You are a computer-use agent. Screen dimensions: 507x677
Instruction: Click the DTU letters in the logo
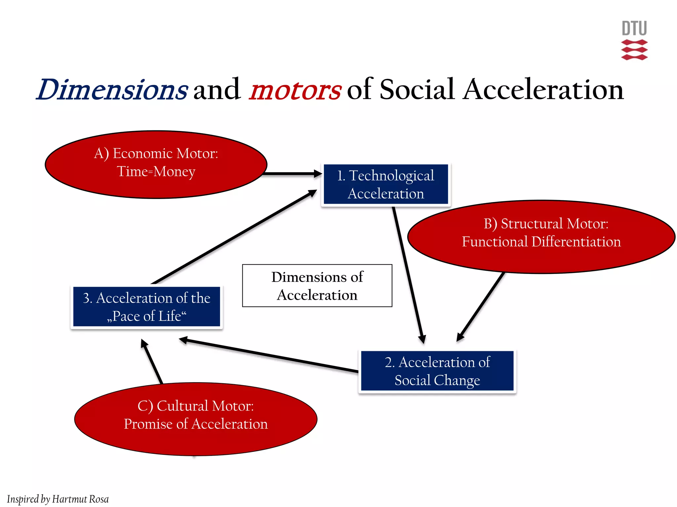634,28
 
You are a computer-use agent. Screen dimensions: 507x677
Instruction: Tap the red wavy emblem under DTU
634,50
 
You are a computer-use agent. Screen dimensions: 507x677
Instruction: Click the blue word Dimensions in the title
112,90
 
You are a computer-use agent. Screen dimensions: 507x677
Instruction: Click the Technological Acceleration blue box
385,185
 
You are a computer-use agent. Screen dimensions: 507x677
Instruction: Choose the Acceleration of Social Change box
437,371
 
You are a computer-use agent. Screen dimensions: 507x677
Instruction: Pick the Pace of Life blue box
146,307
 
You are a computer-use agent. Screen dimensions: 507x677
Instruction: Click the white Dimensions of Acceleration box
317,286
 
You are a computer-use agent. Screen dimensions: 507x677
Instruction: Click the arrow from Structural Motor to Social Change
481,306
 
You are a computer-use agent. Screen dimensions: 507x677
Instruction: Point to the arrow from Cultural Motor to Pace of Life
152,361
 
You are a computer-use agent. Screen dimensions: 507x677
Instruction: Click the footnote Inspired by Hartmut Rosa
58,499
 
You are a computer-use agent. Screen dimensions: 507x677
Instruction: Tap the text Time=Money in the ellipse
156,172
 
